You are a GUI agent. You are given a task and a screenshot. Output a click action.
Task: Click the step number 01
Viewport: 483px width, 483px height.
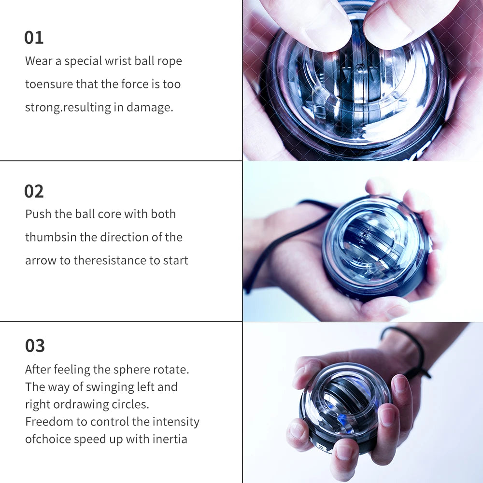(x=34, y=38)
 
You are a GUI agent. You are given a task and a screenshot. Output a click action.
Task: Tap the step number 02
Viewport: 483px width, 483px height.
(x=34, y=191)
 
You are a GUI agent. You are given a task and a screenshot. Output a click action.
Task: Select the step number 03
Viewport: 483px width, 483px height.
(x=35, y=346)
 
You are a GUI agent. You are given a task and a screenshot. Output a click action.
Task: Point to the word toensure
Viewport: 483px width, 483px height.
(x=49, y=84)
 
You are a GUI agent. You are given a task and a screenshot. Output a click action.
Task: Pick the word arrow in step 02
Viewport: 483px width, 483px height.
(x=41, y=261)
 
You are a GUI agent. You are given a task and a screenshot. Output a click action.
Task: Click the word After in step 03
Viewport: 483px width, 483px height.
(x=38, y=369)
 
